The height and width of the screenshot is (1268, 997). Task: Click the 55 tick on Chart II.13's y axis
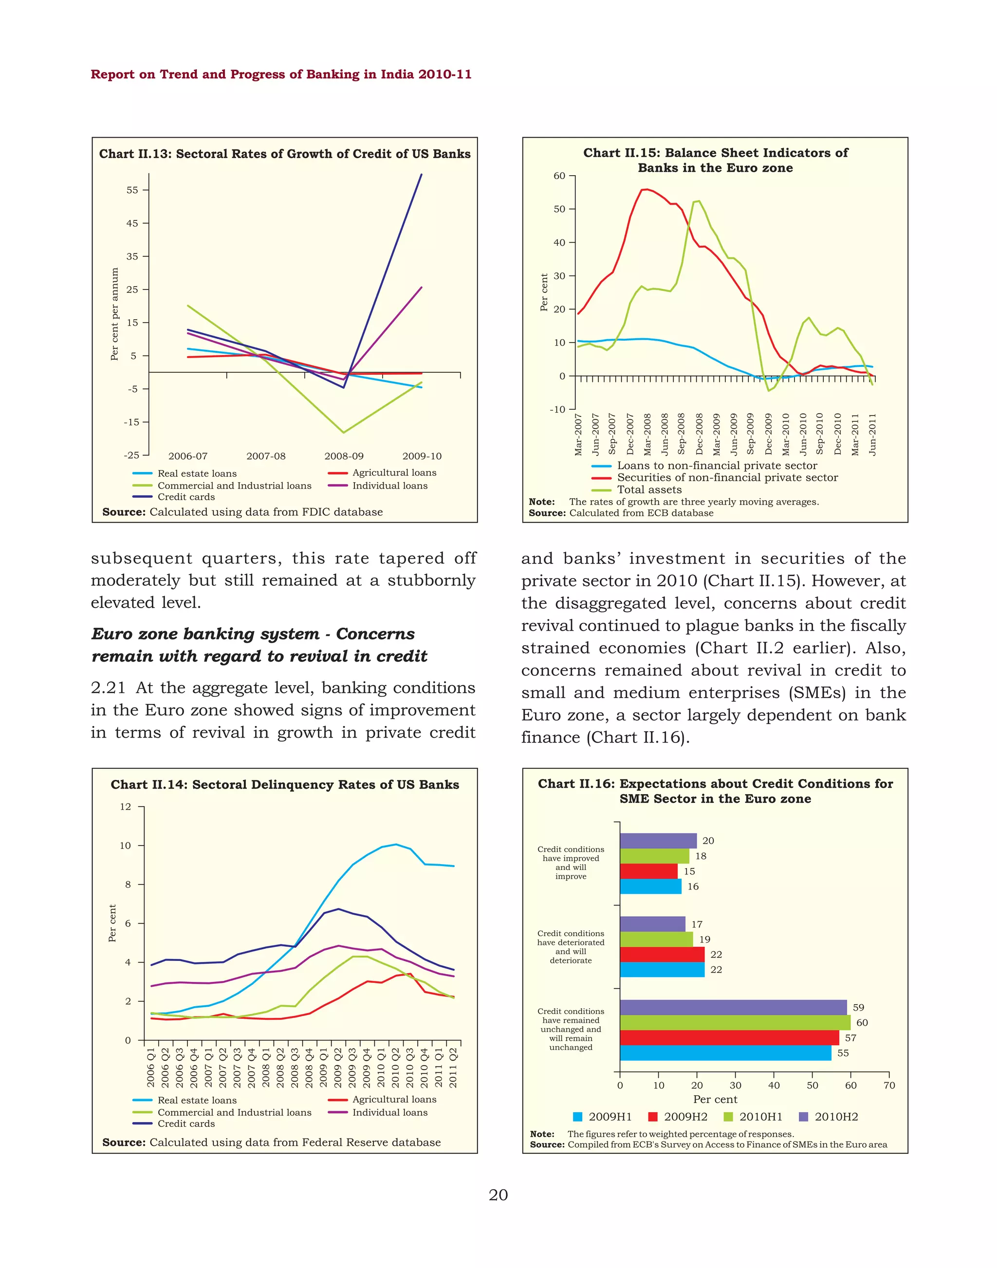click(132, 190)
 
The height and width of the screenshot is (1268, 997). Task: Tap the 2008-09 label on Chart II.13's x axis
click(344, 456)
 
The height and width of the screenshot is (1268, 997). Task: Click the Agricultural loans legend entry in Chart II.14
click(394, 1099)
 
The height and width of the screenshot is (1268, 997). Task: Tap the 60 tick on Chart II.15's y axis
click(559, 176)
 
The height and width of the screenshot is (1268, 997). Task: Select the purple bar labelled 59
click(733, 1007)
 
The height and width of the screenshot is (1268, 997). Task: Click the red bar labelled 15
click(648, 871)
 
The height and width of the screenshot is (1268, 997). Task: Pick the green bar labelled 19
click(656, 940)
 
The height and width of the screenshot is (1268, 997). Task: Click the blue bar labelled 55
click(725, 1053)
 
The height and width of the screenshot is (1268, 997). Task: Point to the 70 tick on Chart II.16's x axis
click(889, 1086)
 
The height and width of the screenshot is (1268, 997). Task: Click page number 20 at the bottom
click(498, 1195)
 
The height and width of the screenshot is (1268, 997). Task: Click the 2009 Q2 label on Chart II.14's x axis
click(338, 1068)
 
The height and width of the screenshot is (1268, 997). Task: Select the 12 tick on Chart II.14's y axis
click(126, 807)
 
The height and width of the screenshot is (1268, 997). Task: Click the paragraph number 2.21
click(108, 688)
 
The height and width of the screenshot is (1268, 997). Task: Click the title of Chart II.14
click(285, 785)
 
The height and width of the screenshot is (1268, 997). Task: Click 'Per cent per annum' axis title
click(115, 314)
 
